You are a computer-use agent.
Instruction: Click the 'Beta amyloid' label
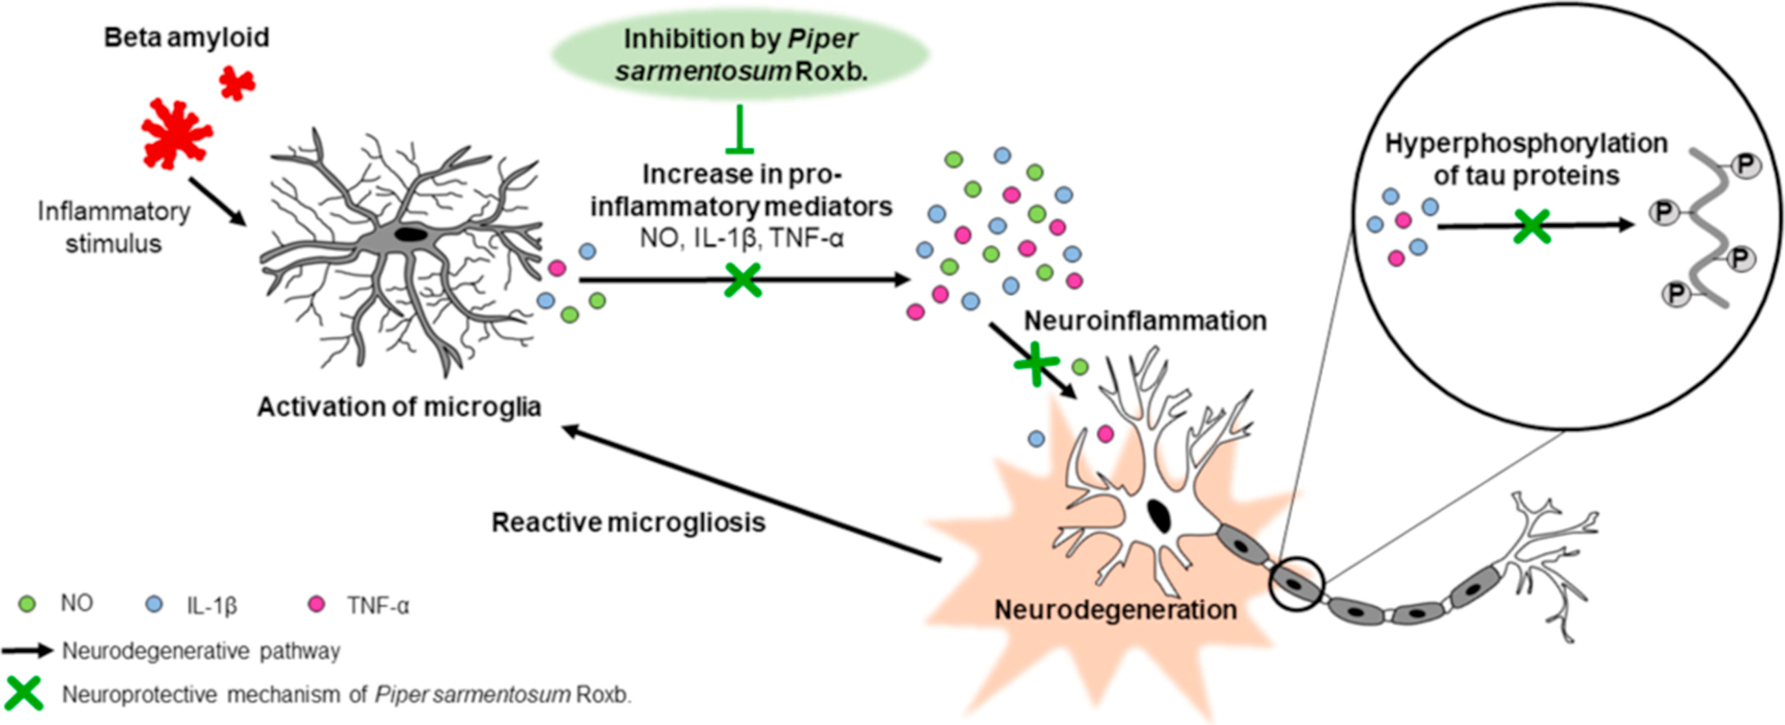click(186, 38)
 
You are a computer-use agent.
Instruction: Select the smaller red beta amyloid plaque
click(237, 83)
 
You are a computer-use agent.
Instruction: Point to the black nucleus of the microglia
click(410, 235)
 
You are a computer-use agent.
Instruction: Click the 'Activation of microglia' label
click(399, 407)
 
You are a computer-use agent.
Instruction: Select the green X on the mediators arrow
click(742, 280)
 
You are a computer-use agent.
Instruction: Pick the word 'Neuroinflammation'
click(1145, 321)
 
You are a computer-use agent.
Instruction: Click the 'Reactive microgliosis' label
click(629, 522)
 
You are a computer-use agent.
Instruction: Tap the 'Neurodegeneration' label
click(1115, 610)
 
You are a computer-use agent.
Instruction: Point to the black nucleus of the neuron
click(1158, 516)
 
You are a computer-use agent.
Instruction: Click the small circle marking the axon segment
click(1296, 583)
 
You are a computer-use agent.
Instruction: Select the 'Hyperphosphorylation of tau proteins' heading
click(1526, 160)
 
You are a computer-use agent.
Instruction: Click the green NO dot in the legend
click(27, 605)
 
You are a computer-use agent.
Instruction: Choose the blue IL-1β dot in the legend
click(153, 605)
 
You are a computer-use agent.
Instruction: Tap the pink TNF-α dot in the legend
click(316, 605)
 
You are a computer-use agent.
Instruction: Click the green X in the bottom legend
click(24, 694)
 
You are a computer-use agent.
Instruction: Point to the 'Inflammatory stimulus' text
click(114, 227)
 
